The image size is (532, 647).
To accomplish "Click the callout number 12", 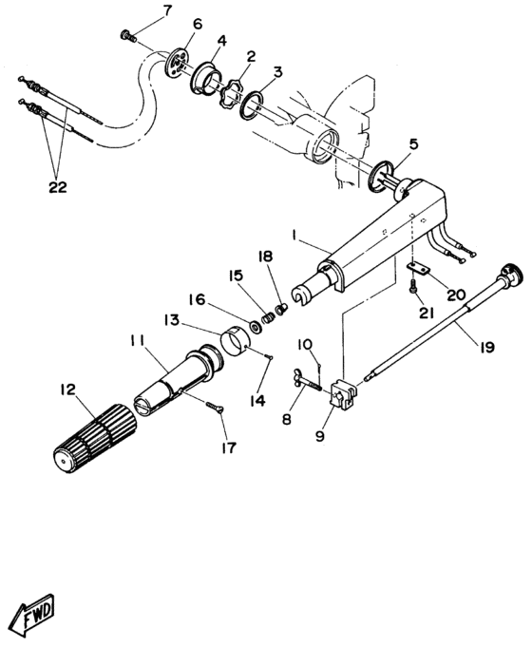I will [x=67, y=389].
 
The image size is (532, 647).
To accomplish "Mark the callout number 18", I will [x=266, y=257].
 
